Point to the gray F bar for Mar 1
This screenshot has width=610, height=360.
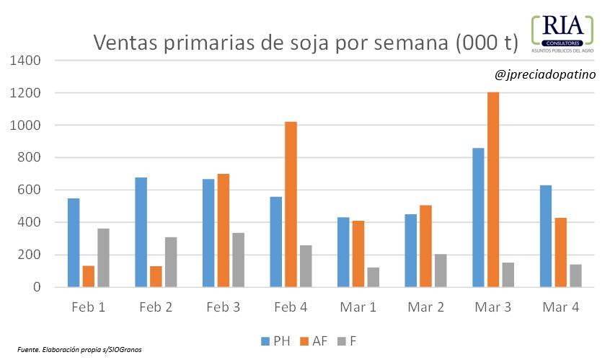[373, 277]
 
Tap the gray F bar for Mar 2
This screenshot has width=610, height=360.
[440, 271]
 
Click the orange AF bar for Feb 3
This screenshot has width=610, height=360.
[224, 230]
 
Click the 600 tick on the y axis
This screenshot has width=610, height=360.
[28, 190]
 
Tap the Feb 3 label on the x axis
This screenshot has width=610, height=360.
[224, 307]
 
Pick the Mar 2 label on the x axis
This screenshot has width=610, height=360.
[425, 307]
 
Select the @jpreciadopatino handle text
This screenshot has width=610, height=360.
[545, 74]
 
